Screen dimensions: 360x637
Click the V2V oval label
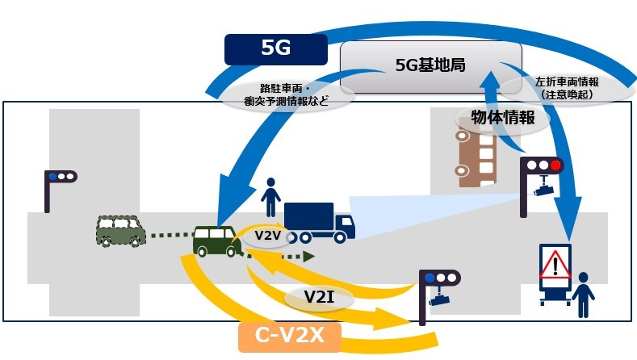(266, 235)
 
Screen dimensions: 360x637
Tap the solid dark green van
(216, 240)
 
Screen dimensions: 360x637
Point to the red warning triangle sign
(556, 263)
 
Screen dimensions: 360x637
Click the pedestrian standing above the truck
(271, 196)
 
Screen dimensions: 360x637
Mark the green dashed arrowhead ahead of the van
(308, 257)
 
